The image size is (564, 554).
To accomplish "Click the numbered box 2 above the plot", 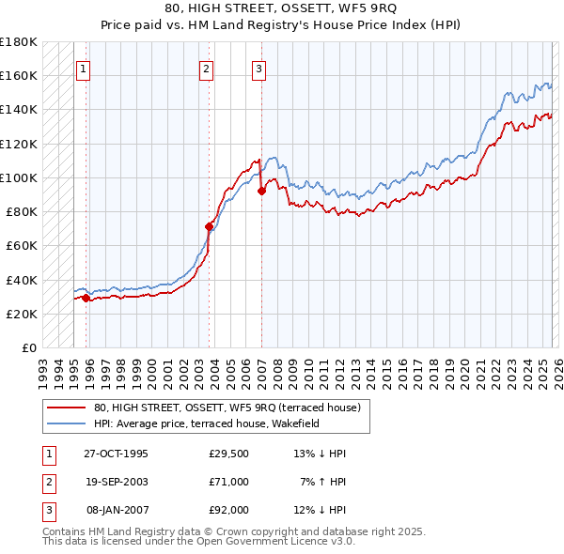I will point(206,68).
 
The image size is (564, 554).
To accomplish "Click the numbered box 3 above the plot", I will point(258,68).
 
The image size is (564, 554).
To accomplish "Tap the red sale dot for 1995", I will point(86,298).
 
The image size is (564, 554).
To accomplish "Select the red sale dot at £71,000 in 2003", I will point(209,226).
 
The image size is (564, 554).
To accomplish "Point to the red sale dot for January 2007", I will point(261,191).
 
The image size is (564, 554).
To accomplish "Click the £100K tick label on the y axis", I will point(18,177).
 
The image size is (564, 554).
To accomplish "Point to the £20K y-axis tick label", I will point(21,314).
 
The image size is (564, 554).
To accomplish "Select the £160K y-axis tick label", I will point(18,75).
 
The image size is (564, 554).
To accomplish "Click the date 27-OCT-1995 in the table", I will point(116,454).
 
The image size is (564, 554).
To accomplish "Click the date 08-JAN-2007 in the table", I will point(117,510).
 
